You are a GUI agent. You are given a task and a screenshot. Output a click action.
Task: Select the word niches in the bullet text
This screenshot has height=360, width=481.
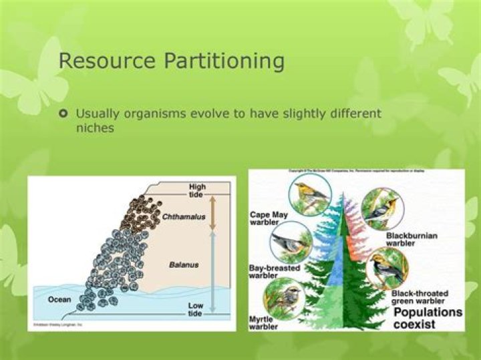point(95,128)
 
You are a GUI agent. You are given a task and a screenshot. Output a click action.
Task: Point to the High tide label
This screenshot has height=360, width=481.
point(198,190)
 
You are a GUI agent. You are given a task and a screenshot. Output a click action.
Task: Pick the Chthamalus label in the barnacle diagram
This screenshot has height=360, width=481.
point(183,216)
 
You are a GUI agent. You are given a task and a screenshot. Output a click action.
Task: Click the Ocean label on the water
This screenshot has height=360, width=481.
point(59,300)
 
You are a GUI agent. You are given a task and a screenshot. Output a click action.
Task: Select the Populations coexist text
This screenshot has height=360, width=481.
point(428,318)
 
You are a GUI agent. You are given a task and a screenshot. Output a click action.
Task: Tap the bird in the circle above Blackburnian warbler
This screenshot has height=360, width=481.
point(381,208)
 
